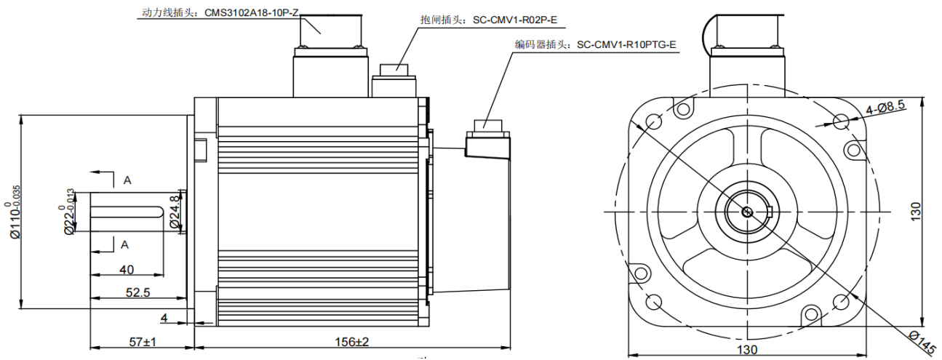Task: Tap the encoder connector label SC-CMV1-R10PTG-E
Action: (x=626, y=45)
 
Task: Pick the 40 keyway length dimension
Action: (x=126, y=270)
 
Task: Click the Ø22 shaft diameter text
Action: (x=70, y=212)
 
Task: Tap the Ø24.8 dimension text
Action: (x=175, y=212)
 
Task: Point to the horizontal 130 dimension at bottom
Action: (x=747, y=350)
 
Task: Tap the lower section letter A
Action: (x=127, y=244)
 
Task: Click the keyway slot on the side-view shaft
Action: (x=128, y=212)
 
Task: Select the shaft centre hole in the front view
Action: (x=747, y=212)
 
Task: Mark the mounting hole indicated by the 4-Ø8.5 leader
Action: (x=842, y=121)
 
